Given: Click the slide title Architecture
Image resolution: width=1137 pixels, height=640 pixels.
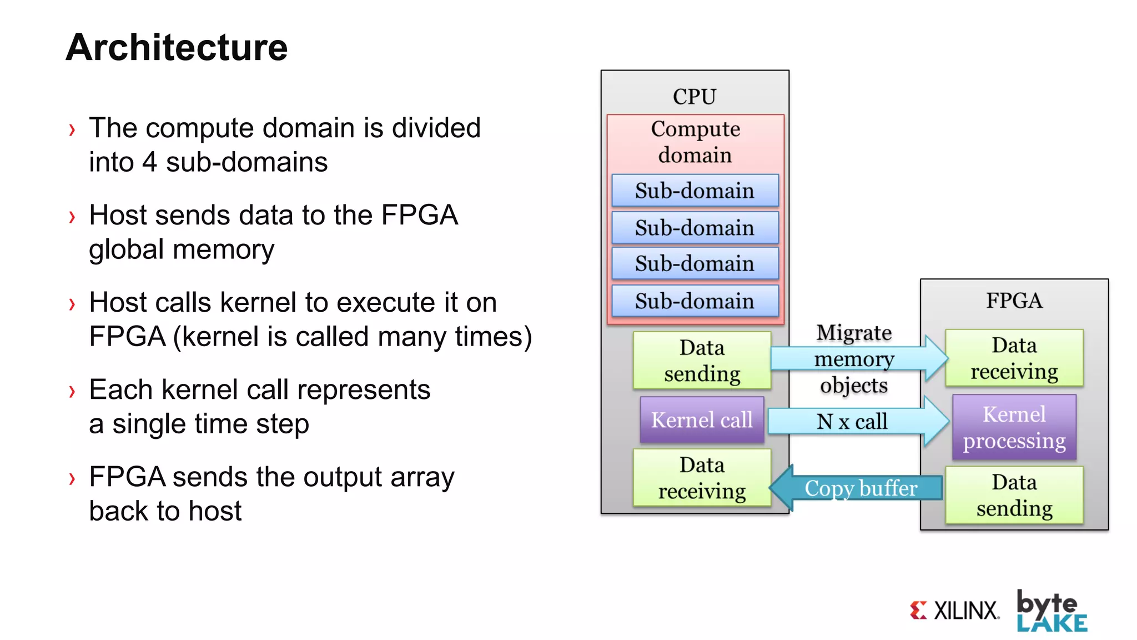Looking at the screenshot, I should pos(177,47).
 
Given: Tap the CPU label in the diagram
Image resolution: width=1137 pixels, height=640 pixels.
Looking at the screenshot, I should pos(695,97).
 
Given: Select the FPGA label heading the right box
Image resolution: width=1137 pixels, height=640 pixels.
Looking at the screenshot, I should pos(1014,301).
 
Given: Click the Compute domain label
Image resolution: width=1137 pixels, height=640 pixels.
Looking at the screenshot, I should pos(695,142).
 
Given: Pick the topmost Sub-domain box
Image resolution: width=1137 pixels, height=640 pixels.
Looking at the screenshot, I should pos(695,191).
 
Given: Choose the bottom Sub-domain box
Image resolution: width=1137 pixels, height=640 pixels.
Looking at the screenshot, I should pos(695,301).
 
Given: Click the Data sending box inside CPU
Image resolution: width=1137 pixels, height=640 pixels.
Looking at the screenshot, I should pos(702,360).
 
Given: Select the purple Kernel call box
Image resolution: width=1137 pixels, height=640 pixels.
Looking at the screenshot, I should pos(702,420).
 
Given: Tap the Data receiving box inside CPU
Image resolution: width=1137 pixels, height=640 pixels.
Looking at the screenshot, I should pos(702,478).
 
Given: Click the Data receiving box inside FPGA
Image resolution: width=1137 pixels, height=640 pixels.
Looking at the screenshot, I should pos(1014,358).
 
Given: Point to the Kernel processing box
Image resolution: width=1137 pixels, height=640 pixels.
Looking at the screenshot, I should pos(1014,427).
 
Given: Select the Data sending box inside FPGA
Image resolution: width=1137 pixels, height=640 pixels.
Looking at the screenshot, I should pos(1014,495).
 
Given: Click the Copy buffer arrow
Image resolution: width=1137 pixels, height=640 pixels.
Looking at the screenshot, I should pos(860,488).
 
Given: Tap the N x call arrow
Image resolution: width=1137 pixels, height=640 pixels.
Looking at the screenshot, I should pos(852,422).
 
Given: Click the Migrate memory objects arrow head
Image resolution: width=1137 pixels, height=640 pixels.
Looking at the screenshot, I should pos(936,358).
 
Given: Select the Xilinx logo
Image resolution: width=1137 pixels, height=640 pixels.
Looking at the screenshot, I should pos(954,610).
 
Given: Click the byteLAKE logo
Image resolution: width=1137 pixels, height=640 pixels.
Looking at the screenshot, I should pos(1051,611).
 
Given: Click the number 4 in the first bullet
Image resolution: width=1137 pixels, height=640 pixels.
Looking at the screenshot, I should pos(149,162).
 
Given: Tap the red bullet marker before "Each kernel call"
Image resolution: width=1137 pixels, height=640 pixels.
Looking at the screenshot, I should pos(72,391).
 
